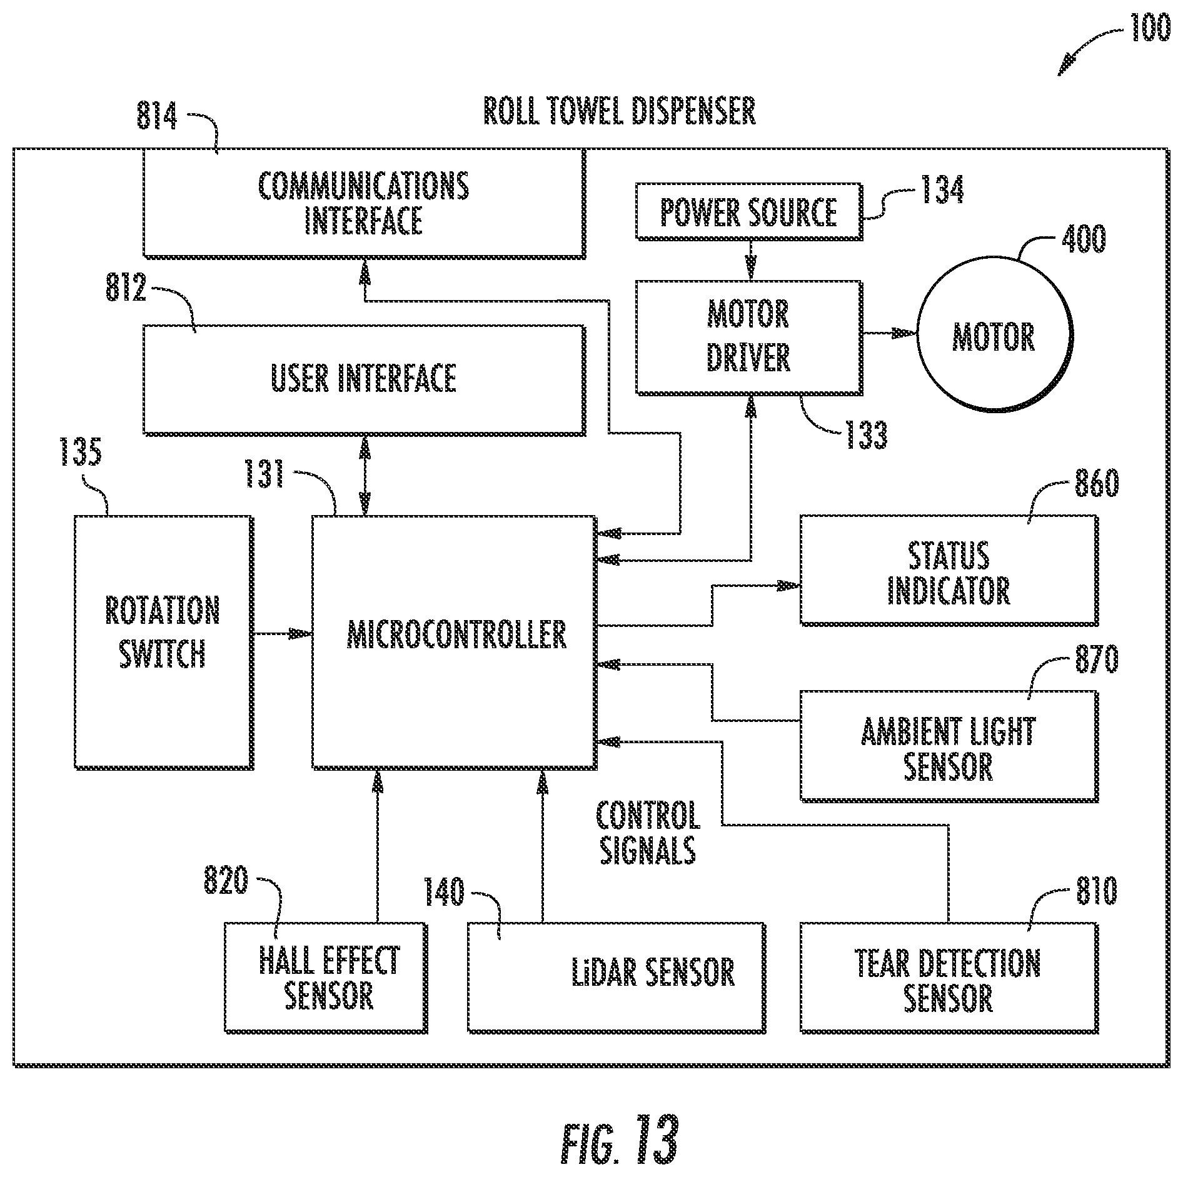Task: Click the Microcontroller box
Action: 453,642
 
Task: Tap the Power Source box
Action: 749,211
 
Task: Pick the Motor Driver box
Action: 749,338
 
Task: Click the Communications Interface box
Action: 364,203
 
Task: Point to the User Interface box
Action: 364,379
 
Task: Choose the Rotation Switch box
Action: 163,642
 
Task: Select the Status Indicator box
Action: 949,570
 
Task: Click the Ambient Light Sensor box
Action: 949,746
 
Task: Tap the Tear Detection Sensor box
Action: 949,978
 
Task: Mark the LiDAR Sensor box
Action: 617,978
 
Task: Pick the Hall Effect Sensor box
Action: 326,978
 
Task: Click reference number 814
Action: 157,117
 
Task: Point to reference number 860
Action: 1097,484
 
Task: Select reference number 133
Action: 866,435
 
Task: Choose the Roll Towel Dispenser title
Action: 620,111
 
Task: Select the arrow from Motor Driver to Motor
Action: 890,334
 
